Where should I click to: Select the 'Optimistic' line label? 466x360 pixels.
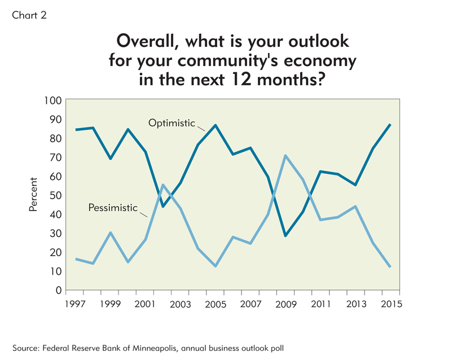tap(172, 123)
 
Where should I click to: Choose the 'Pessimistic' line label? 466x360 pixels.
tap(113, 208)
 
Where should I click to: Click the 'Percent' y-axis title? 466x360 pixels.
tap(33, 195)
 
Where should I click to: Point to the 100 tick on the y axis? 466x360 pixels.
tap(53, 100)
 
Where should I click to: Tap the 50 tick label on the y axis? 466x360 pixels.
tap(55, 195)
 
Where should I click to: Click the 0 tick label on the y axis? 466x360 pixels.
tap(58, 291)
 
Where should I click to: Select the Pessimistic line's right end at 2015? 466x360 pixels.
tap(390, 267)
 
